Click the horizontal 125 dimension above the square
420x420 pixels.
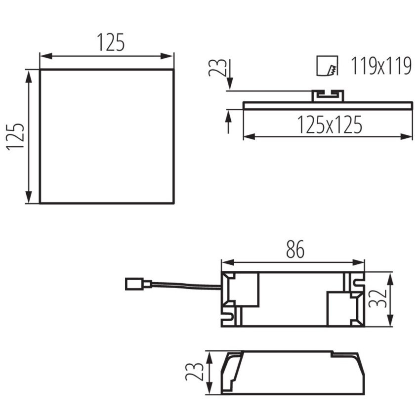(111, 42)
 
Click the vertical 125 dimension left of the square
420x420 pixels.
(15, 136)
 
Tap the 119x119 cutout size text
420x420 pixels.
(381, 66)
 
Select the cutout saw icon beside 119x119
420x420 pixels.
(327, 66)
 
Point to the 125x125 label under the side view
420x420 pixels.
(330, 125)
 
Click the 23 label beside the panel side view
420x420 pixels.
(217, 68)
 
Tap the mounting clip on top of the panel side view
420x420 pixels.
(328, 96)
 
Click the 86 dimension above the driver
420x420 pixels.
(295, 249)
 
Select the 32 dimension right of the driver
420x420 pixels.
(378, 298)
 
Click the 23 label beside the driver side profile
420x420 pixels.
(194, 372)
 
